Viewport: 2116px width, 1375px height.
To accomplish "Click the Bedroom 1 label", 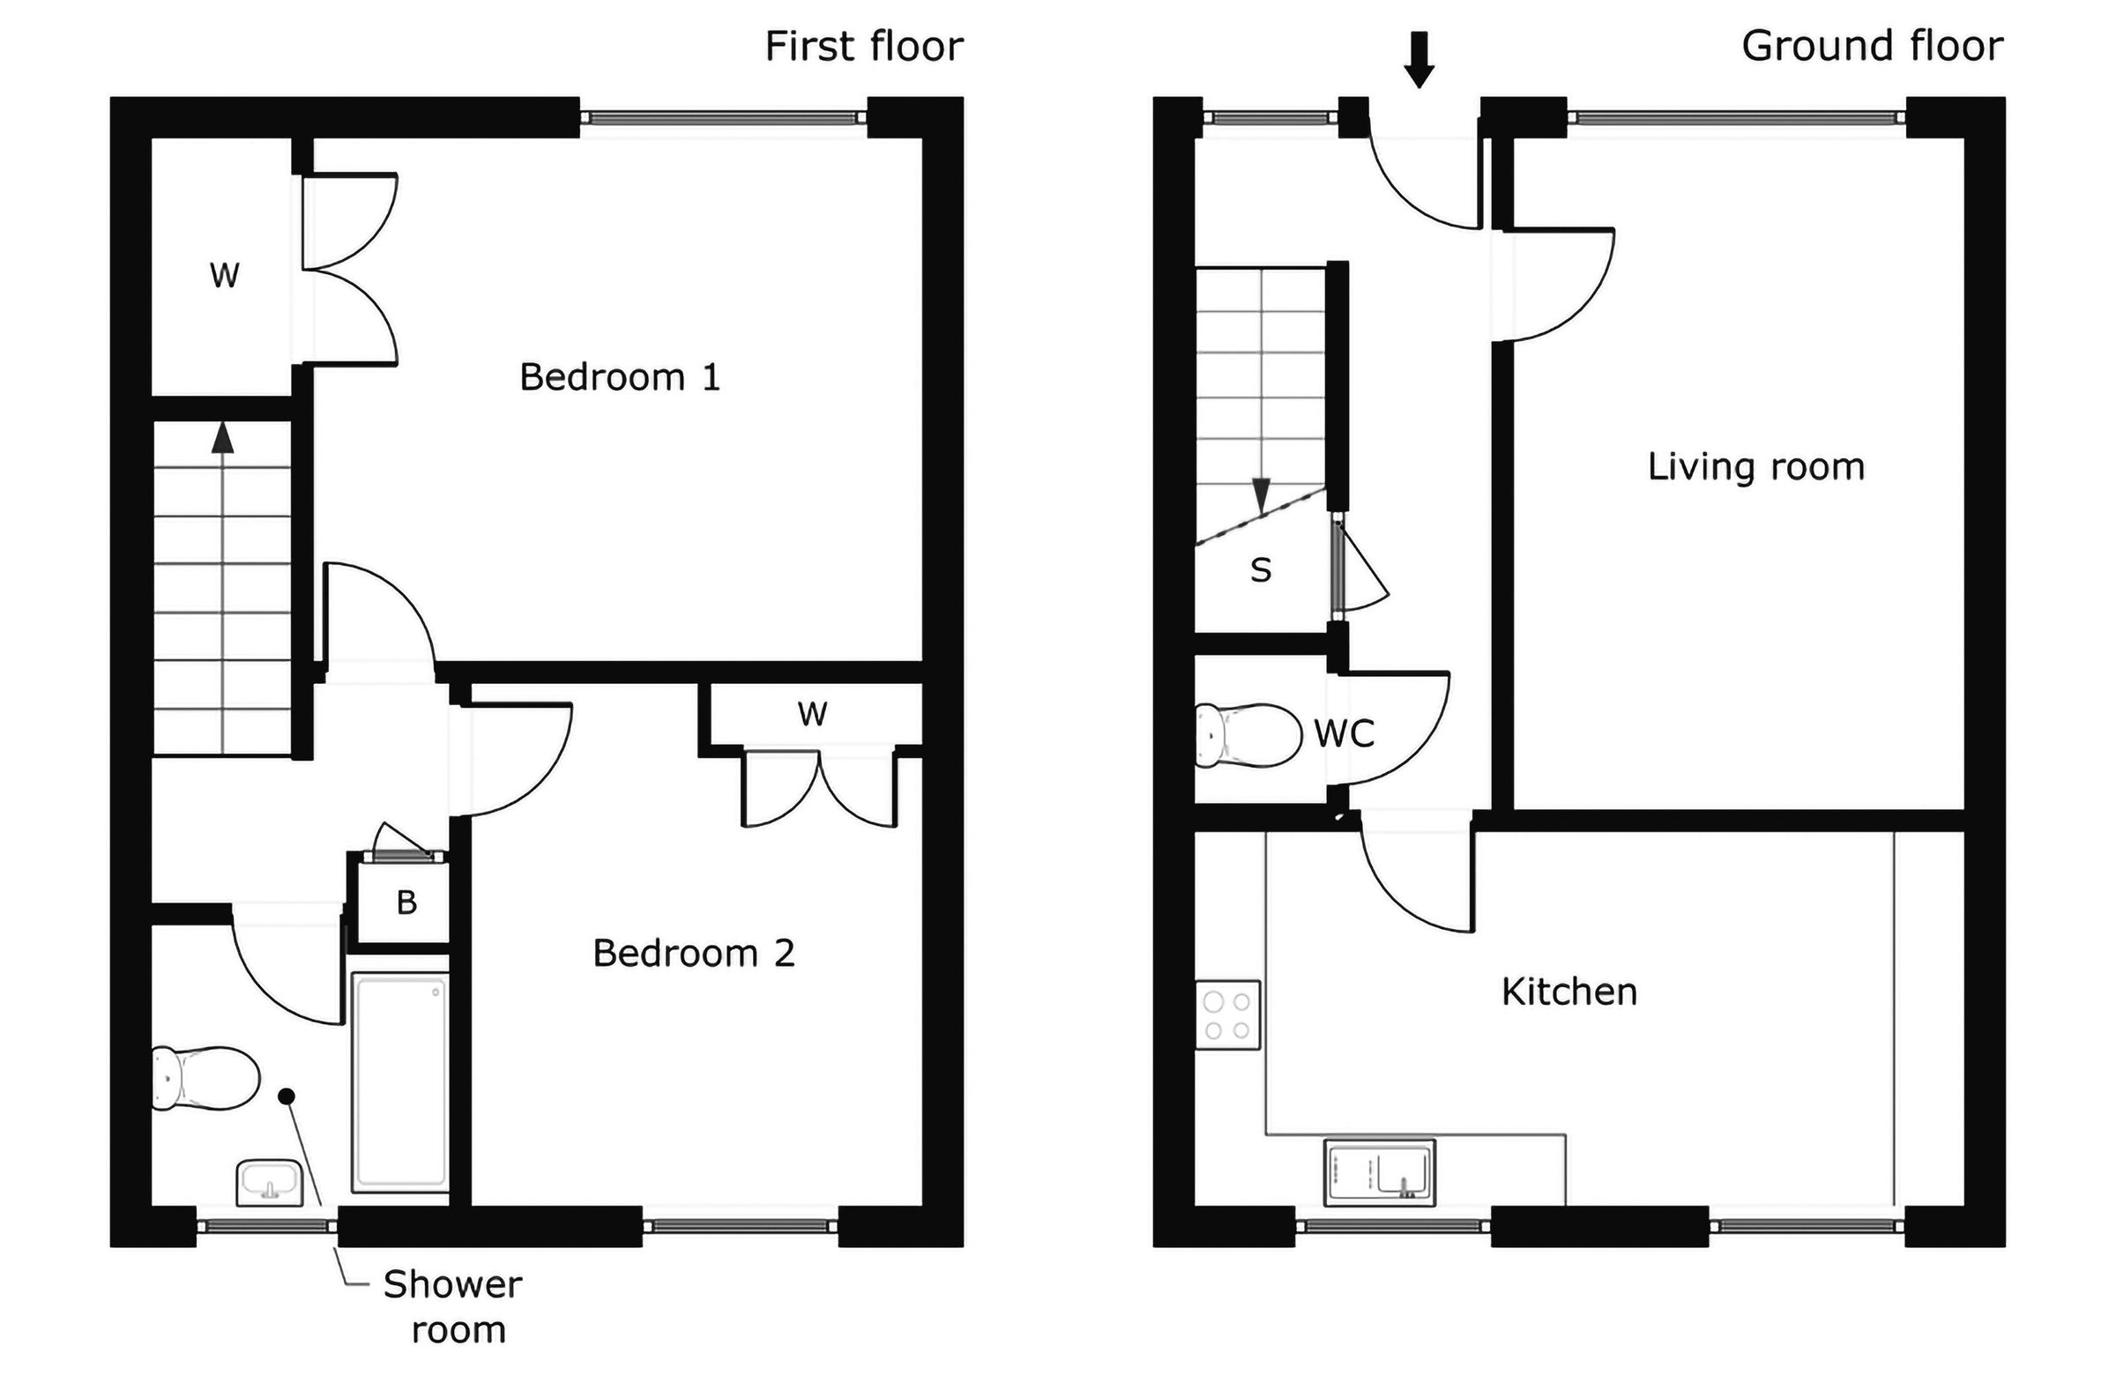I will coord(619,378).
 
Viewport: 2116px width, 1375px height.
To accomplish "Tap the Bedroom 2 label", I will coord(694,954).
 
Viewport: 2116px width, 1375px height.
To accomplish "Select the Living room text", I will coord(1755,467).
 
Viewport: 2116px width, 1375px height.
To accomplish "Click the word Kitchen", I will coord(1568,992).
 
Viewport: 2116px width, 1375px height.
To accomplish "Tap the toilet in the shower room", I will coord(206,1078).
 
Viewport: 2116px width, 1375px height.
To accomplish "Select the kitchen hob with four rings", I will coord(1227,1015).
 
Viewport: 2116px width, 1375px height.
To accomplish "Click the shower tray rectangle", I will coord(399,1081).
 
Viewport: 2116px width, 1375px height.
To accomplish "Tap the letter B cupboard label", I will coord(406,903).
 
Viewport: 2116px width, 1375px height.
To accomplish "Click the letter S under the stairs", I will coord(1260,569).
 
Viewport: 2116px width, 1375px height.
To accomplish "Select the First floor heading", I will coord(863,46).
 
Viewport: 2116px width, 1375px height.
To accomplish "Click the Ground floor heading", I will coord(1872,46).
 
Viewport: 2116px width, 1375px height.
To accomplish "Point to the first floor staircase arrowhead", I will coord(222,437).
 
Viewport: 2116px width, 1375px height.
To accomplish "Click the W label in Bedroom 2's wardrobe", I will coord(812,714).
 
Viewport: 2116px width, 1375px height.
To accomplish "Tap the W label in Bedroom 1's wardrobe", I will coord(224,276).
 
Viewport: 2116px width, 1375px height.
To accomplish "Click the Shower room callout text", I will coord(453,1306).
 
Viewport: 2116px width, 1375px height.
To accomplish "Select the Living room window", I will coord(1735,117).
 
